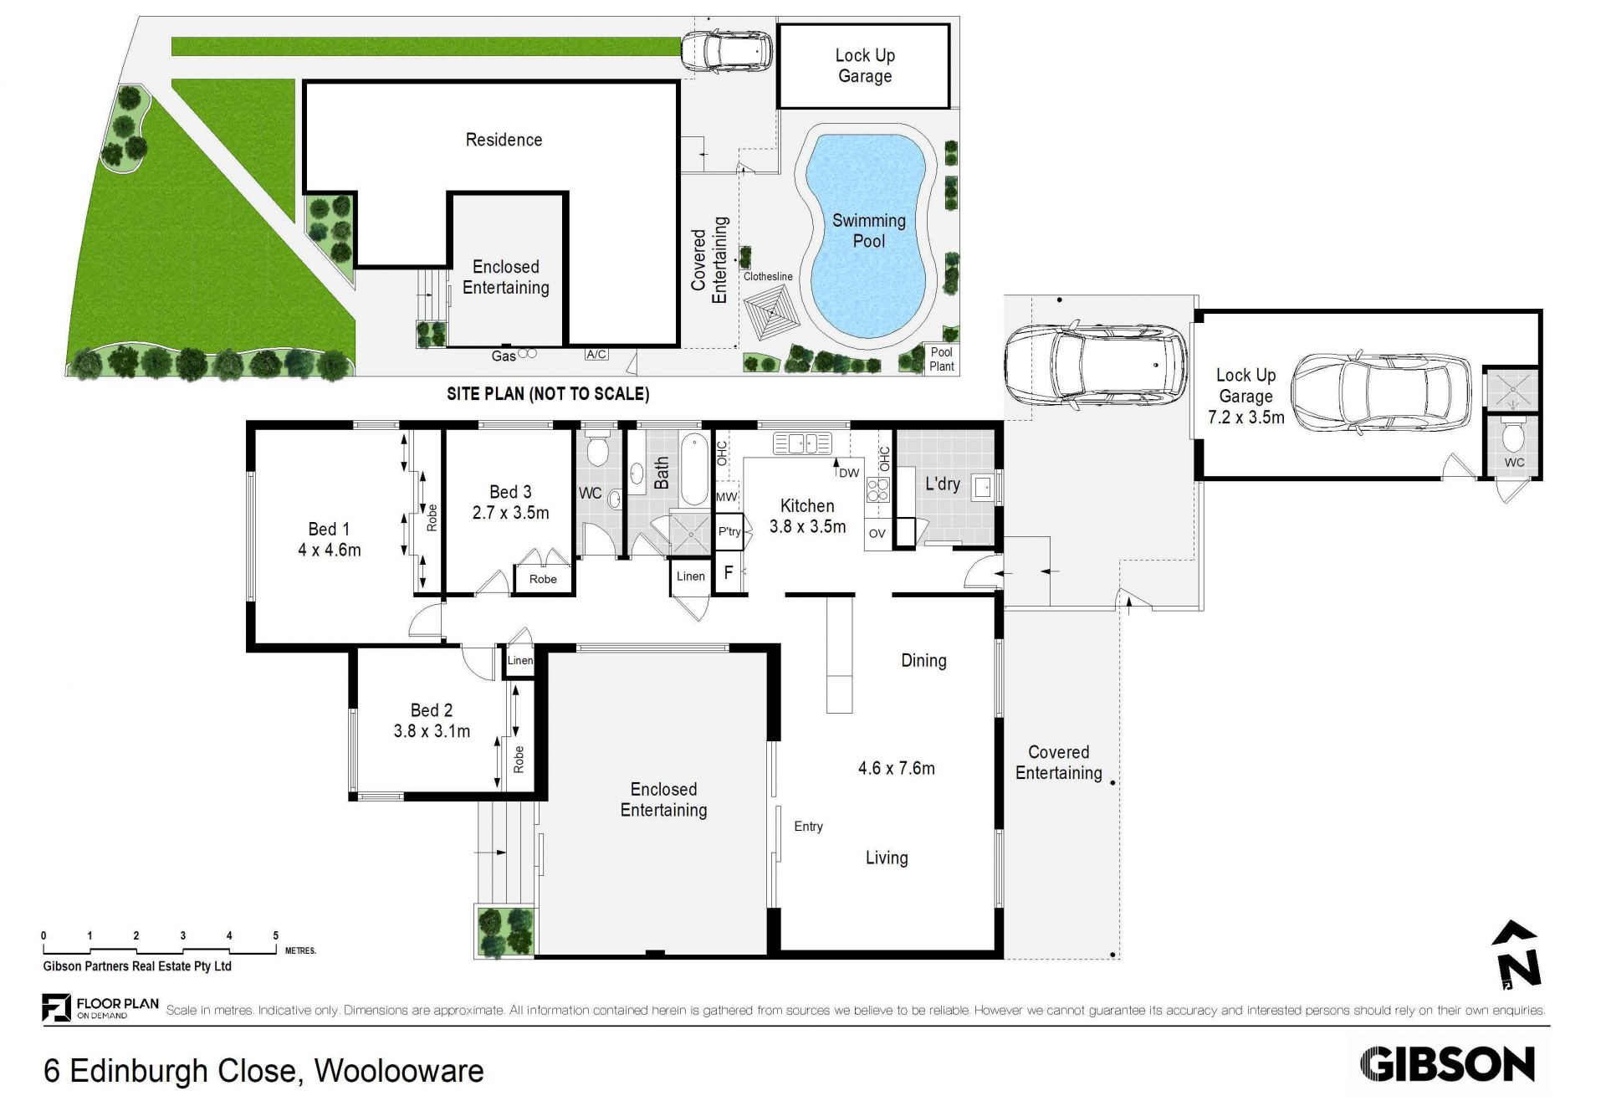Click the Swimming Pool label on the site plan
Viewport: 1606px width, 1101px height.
(868, 231)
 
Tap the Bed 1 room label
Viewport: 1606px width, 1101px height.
(329, 529)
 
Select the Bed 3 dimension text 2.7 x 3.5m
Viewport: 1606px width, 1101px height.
(510, 513)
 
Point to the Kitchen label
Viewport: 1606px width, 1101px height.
(807, 505)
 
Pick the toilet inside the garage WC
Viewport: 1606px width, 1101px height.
(1513, 434)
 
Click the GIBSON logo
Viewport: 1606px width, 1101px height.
(1448, 1064)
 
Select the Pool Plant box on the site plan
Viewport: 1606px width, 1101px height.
(941, 359)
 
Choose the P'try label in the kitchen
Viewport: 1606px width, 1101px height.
(729, 531)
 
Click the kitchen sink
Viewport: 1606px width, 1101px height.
(802, 443)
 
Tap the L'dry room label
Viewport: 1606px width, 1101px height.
(942, 484)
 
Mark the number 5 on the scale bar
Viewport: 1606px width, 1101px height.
(275, 935)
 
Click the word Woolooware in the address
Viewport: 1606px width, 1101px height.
(399, 1071)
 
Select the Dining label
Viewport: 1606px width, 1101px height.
(923, 660)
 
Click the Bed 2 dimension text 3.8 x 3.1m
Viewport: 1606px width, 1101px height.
(432, 731)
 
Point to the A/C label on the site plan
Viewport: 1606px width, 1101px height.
(596, 354)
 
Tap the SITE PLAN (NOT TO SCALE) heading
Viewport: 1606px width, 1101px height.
(548, 393)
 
